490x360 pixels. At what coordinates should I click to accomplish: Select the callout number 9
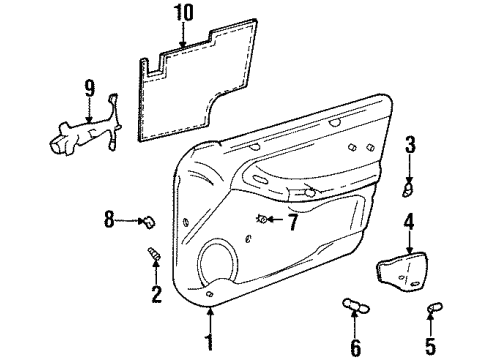(90, 89)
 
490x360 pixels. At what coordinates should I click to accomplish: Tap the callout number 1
(211, 341)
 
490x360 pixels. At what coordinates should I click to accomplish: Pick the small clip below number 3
(408, 187)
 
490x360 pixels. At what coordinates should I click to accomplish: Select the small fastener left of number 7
(262, 218)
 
